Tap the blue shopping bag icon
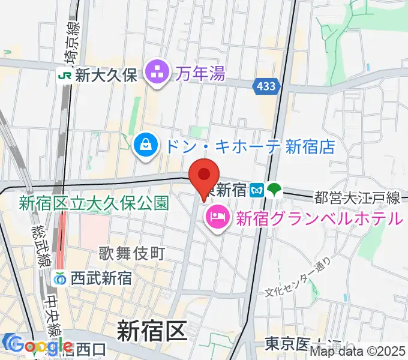(145, 145)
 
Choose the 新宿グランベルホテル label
(318, 218)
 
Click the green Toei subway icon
(275, 190)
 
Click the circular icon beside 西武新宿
(60, 278)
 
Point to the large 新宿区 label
(152, 331)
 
